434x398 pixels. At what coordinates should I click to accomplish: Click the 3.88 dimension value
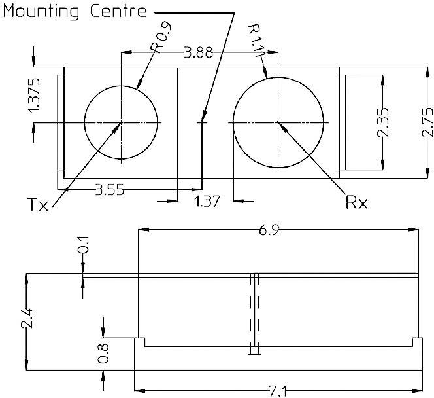click(x=198, y=53)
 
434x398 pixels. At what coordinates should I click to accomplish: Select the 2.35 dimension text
click(x=384, y=122)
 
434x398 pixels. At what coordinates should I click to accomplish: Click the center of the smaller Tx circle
click(x=122, y=122)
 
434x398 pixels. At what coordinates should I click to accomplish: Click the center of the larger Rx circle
click(x=279, y=122)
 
